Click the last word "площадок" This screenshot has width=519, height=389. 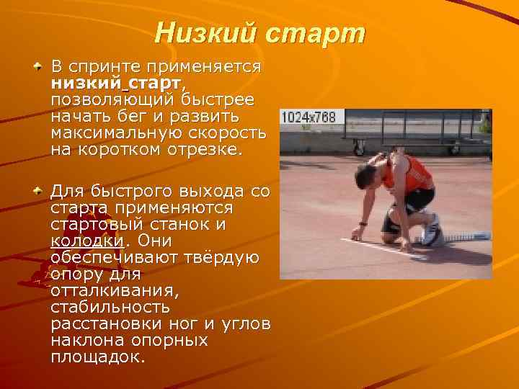click(97, 357)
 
